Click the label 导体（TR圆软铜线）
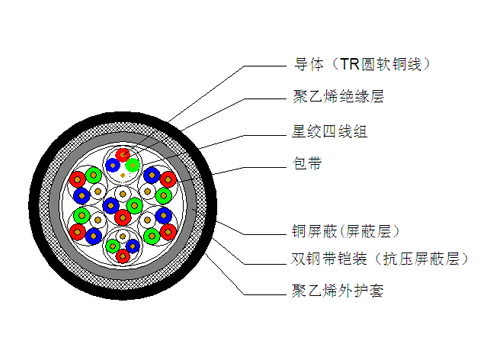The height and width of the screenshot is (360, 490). coord(359,65)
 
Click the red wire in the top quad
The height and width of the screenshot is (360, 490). coord(124,156)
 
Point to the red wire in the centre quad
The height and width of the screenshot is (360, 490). coord(123,216)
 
